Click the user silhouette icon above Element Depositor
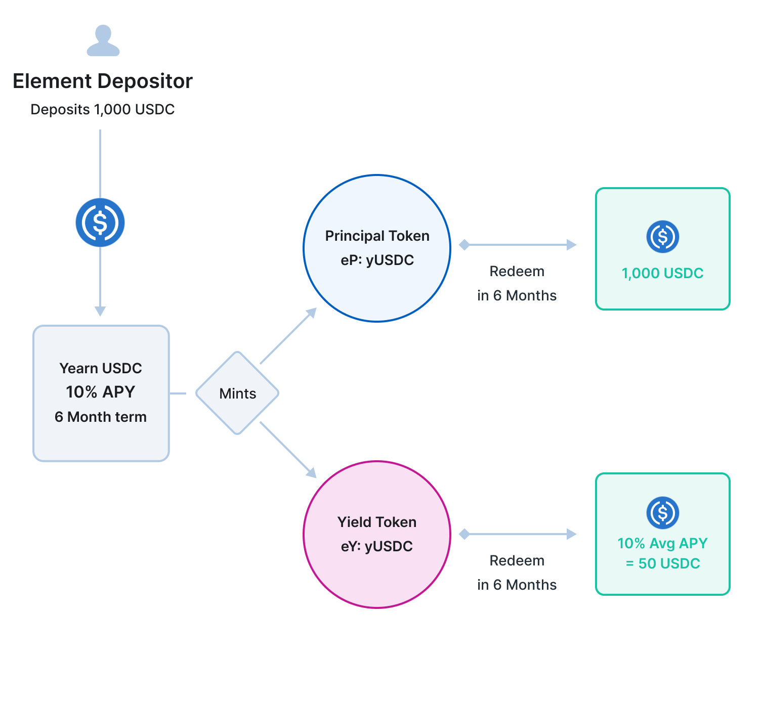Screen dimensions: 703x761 pyautogui.click(x=103, y=40)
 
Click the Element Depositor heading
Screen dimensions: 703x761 pyautogui.click(x=103, y=81)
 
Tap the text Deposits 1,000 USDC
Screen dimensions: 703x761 pyautogui.click(x=103, y=109)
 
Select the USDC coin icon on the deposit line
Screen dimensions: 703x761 pyautogui.click(x=100, y=223)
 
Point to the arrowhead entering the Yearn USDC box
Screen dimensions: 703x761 pyautogui.click(x=100, y=311)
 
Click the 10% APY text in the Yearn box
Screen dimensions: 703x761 pyautogui.click(x=101, y=392)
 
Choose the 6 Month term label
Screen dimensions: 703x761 pyautogui.click(x=101, y=417)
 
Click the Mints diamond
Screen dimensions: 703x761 pyautogui.click(x=237, y=393)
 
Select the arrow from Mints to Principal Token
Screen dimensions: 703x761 pyautogui.click(x=288, y=336)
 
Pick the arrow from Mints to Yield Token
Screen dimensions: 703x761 pyautogui.click(x=288, y=450)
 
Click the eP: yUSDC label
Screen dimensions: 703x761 pyautogui.click(x=377, y=260)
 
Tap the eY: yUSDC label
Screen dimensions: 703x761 pyautogui.click(x=377, y=546)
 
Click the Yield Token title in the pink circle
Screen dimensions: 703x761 pyautogui.click(x=377, y=522)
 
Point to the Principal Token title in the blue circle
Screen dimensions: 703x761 pyautogui.click(x=377, y=236)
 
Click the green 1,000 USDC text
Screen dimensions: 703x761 pyautogui.click(x=662, y=273)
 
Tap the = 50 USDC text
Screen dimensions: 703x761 pyautogui.click(x=662, y=563)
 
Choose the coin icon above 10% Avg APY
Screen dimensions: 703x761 pyautogui.click(x=662, y=513)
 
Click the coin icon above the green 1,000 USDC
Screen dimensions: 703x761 pyautogui.click(x=662, y=237)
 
